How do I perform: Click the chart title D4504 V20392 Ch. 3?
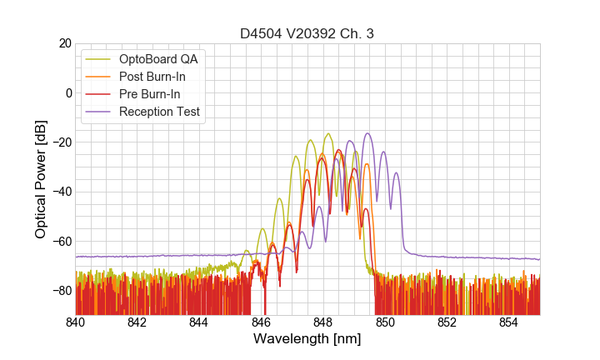[x=307, y=34]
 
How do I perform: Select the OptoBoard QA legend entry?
[x=159, y=59]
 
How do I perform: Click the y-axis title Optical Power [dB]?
[x=41, y=179]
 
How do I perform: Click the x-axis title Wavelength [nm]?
[x=307, y=339]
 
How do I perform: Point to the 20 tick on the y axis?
[x=63, y=43]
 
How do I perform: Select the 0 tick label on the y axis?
[x=67, y=92]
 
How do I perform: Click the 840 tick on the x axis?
[x=76, y=322]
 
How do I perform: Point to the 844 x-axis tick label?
[x=199, y=322]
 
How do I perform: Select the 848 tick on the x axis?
[x=323, y=322]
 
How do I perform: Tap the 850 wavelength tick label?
[x=385, y=322]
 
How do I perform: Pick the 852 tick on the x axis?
[x=447, y=322]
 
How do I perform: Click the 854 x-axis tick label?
[x=508, y=322]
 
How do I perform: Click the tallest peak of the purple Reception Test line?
[x=367, y=133]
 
